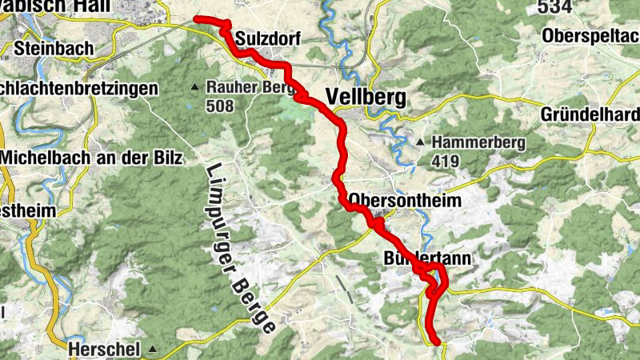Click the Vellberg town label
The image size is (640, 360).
click(x=366, y=98)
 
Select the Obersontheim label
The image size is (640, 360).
click(x=405, y=201)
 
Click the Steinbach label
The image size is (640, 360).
click(x=54, y=49)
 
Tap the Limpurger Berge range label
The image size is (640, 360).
click(x=240, y=248)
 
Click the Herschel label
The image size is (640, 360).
click(x=104, y=349)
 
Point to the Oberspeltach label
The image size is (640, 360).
click(x=590, y=36)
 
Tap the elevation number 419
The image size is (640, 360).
click(x=446, y=162)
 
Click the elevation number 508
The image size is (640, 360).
click(x=219, y=106)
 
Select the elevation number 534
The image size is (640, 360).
click(x=555, y=8)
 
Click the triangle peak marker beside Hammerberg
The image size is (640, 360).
click(x=420, y=143)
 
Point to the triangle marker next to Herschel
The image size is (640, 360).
click(x=151, y=350)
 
